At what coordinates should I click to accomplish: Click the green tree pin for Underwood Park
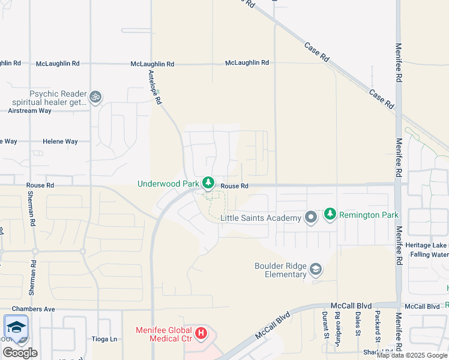(x=208, y=182)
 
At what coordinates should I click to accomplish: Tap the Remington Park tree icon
(x=330, y=214)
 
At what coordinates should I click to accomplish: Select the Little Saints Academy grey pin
(x=310, y=217)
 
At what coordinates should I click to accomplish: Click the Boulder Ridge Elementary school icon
(x=316, y=269)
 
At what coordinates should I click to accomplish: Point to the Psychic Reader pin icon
(x=95, y=97)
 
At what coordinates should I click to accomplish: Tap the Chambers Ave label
(x=37, y=309)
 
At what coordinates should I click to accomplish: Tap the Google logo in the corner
(x=20, y=353)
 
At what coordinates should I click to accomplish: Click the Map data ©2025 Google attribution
(x=412, y=355)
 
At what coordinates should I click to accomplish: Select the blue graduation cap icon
(x=16, y=327)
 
